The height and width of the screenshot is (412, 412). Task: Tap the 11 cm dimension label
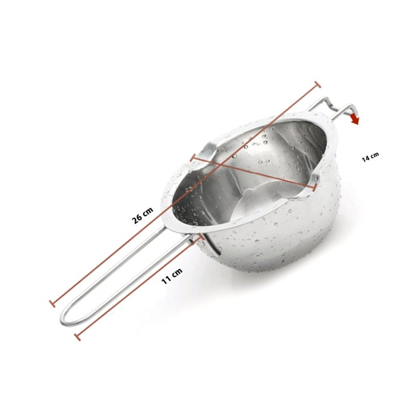point(172,276)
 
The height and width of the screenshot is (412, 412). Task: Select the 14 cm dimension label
point(370,157)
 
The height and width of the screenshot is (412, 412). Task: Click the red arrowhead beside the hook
point(355,119)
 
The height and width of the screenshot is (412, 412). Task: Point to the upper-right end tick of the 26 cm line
point(317,84)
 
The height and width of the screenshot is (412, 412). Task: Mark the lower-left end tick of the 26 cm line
point(53,303)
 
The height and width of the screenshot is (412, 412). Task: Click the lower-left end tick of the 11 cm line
point(78,337)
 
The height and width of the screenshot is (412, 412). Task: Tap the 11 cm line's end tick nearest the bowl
point(201,236)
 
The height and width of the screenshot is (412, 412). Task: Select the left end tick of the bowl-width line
point(193,158)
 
